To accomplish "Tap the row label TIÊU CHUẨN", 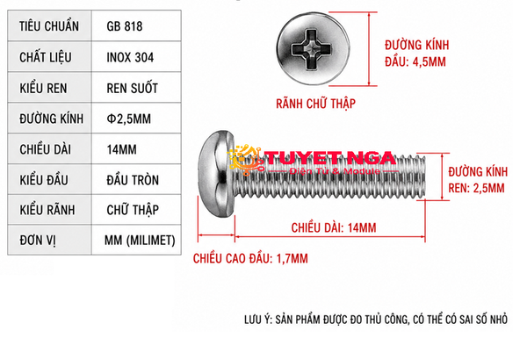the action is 49,26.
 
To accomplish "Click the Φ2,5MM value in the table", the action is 129,119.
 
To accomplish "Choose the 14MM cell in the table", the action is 122,149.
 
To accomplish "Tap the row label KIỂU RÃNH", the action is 47,209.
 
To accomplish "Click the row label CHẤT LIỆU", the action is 46,57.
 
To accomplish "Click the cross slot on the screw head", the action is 312,49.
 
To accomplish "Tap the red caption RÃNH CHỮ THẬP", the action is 315,104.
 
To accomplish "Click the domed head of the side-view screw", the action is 216,174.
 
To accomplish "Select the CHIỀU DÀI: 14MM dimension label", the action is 334,228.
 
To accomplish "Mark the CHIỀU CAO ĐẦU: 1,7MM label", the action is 250,258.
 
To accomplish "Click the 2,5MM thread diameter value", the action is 488,188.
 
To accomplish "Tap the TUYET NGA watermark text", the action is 329,158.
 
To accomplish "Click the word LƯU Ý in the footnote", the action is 258,319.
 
